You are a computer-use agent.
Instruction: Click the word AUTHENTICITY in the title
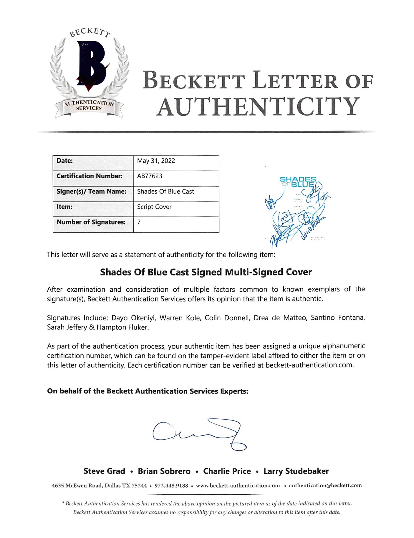(x=258, y=107)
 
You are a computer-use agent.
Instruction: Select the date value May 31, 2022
(x=156, y=161)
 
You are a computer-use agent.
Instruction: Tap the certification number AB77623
(x=150, y=176)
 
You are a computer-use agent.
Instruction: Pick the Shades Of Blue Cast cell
(x=165, y=192)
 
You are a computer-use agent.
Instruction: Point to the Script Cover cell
(x=154, y=207)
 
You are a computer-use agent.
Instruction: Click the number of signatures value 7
(x=139, y=222)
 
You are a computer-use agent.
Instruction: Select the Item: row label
(x=65, y=207)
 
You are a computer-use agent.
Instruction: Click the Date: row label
(x=65, y=161)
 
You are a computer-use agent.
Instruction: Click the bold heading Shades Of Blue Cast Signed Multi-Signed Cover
(x=206, y=272)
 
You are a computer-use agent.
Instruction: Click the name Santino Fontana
(x=338, y=318)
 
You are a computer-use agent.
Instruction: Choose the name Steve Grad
(x=104, y=471)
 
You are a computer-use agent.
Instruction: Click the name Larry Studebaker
(x=296, y=471)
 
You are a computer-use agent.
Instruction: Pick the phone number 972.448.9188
(x=171, y=486)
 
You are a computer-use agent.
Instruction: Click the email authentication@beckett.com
(x=325, y=486)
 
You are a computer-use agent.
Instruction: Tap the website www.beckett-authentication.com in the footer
(x=238, y=486)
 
